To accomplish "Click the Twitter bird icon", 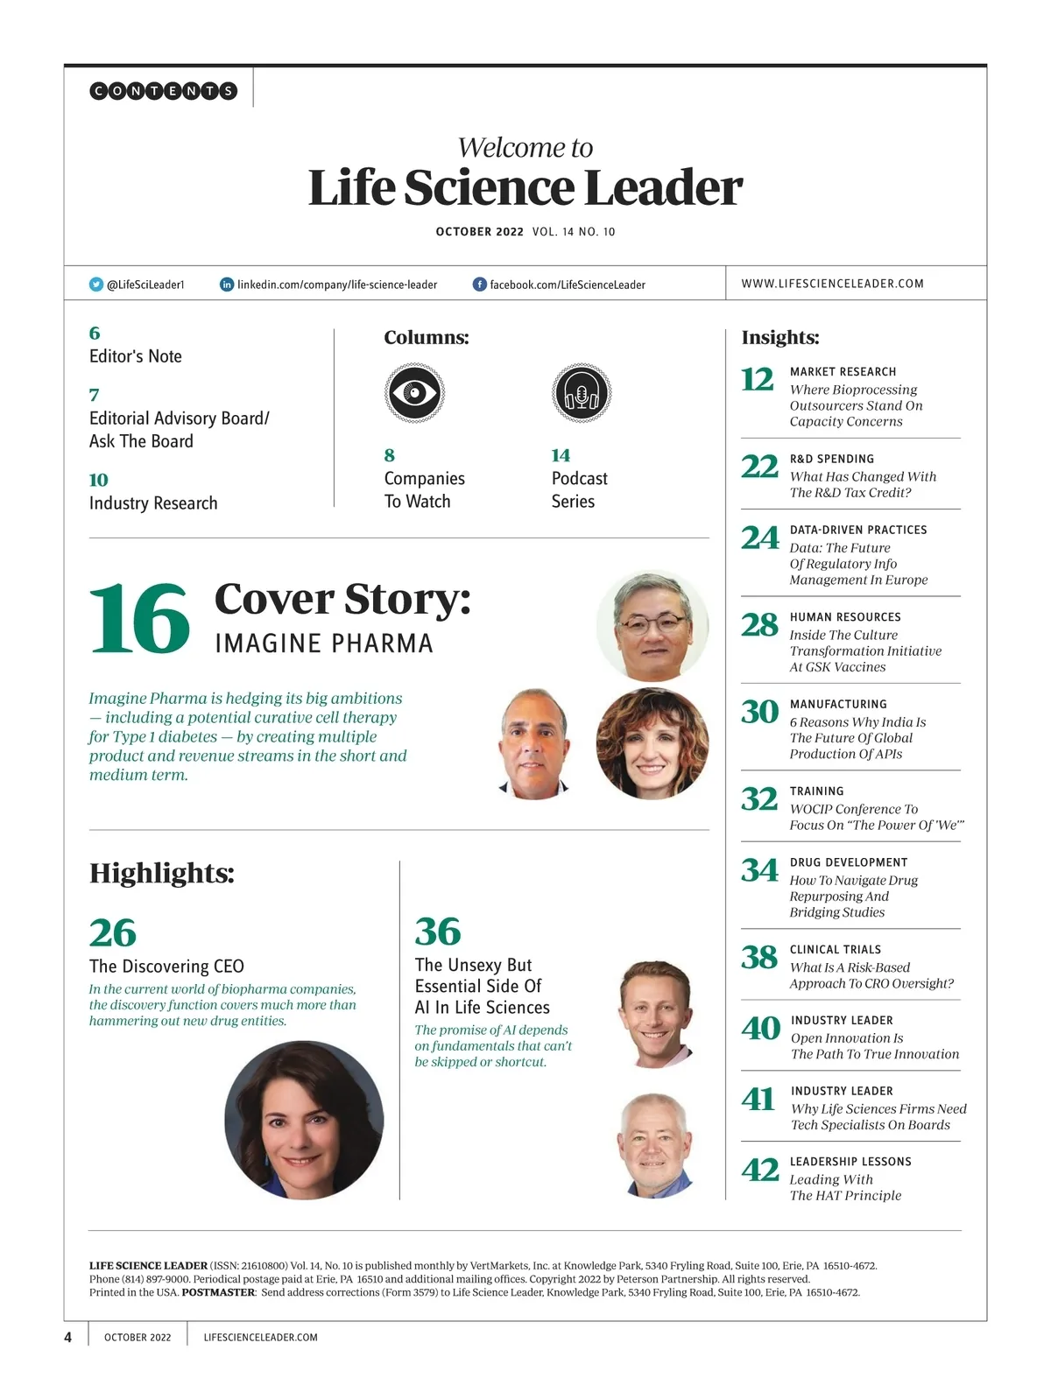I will coord(96,285).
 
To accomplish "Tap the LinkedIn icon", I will coord(227,285).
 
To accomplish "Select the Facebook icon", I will coord(480,285).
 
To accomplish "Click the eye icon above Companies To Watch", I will coord(414,393).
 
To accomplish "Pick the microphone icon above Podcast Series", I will coord(581,393).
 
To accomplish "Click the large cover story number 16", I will coord(139,619).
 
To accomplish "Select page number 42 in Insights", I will coord(759,1170).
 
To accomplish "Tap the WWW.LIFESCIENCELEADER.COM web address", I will coord(832,284).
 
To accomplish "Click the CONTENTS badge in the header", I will coord(164,90).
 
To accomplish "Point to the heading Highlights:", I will coord(162,873).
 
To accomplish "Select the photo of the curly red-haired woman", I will coord(652,743).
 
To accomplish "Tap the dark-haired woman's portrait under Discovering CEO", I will coord(304,1120).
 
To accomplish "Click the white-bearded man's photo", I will coord(655,1144).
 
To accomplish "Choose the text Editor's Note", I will coord(136,356).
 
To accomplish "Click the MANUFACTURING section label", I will coord(838,704).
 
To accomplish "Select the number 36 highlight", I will coord(438,932).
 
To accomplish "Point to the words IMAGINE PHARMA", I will coord(324,644).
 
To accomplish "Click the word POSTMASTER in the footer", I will coord(218,1292).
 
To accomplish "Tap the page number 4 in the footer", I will coord(68,1337).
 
